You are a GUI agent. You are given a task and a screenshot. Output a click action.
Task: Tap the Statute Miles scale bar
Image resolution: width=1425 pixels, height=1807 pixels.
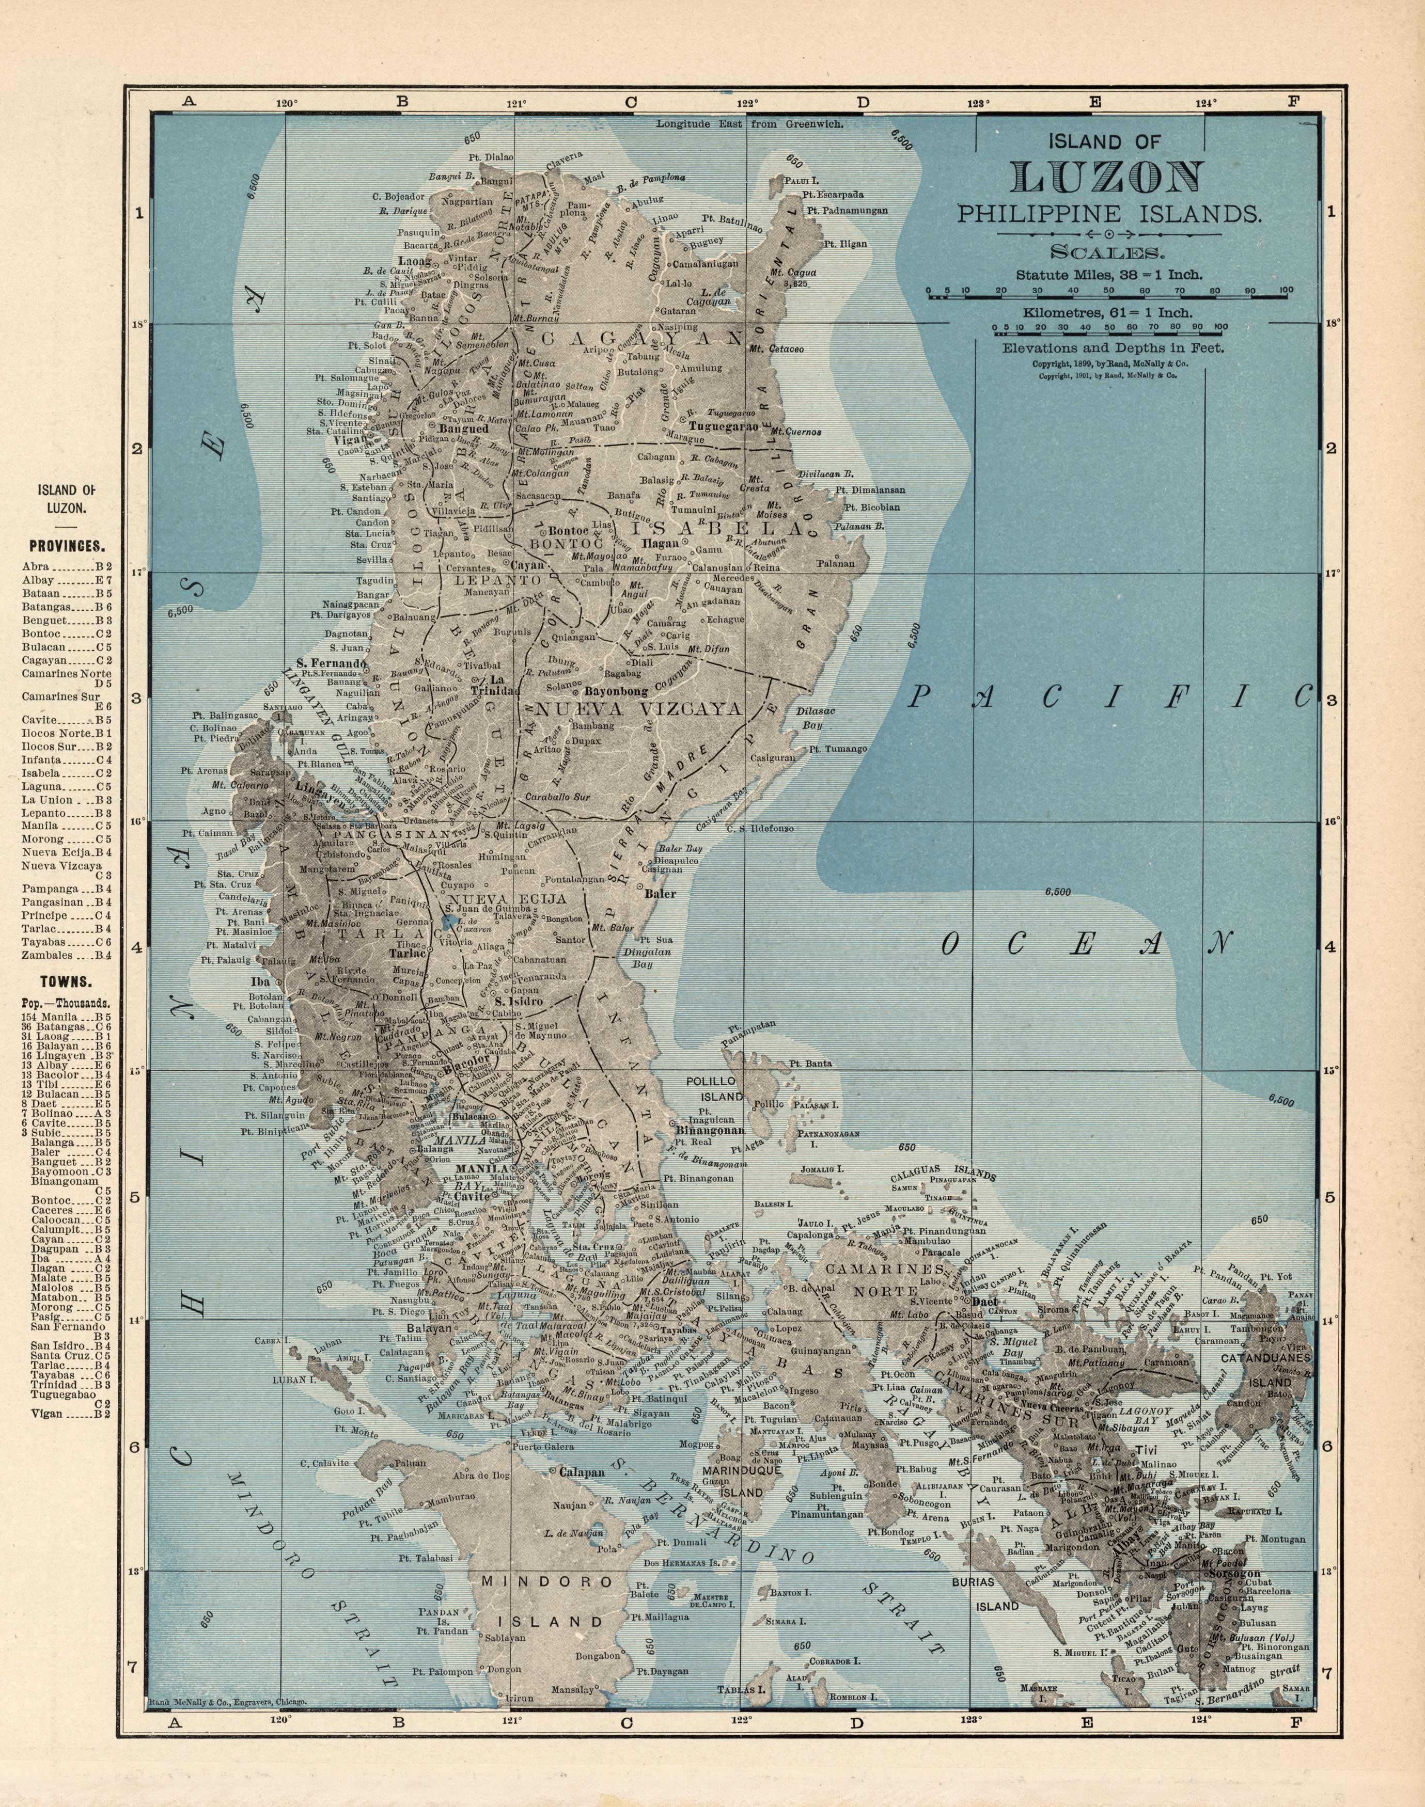point(1109,294)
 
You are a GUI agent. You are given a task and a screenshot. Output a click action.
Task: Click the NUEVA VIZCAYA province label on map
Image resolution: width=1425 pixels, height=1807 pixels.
point(639,709)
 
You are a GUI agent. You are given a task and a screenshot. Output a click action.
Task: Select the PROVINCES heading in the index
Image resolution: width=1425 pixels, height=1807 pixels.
point(66,547)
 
